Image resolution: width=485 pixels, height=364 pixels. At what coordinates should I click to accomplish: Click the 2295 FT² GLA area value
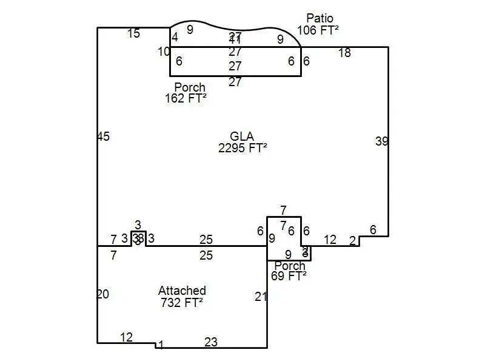(x=242, y=147)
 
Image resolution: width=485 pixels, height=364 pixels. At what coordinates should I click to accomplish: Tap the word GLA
(x=242, y=136)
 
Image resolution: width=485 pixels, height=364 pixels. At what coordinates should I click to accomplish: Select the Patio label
(x=319, y=18)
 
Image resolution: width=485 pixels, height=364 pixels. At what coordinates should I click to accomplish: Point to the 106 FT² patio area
(x=318, y=30)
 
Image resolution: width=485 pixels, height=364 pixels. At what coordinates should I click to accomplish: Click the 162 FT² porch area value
(x=186, y=98)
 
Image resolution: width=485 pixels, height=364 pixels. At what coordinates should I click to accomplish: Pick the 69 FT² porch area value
(x=289, y=276)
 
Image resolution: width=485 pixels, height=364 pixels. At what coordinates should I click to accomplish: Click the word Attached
(x=182, y=291)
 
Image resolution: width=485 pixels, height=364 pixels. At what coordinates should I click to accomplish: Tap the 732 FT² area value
(x=182, y=303)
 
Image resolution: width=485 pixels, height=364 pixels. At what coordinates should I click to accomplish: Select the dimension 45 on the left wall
(x=103, y=136)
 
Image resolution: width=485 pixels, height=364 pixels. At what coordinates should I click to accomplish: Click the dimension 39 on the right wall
(x=381, y=141)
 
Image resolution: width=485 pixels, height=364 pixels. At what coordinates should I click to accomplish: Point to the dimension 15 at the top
(x=134, y=33)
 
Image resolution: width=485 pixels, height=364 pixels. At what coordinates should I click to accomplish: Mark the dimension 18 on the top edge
(x=344, y=53)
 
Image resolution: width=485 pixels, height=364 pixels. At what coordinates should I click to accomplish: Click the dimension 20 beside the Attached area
(x=103, y=294)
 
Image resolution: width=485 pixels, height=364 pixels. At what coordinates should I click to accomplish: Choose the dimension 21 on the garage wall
(x=261, y=297)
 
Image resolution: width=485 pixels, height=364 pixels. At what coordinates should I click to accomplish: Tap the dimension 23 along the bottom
(x=210, y=342)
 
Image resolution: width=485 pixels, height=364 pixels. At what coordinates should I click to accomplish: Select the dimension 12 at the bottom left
(x=126, y=337)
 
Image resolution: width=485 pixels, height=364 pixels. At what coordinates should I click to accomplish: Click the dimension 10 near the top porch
(x=164, y=52)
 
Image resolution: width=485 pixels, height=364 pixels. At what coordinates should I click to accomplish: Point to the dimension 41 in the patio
(x=235, y=40)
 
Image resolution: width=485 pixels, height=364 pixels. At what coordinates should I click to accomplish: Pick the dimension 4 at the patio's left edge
(x=175, y=37)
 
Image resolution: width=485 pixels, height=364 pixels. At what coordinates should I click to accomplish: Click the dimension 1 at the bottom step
(x=161, y=345)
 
